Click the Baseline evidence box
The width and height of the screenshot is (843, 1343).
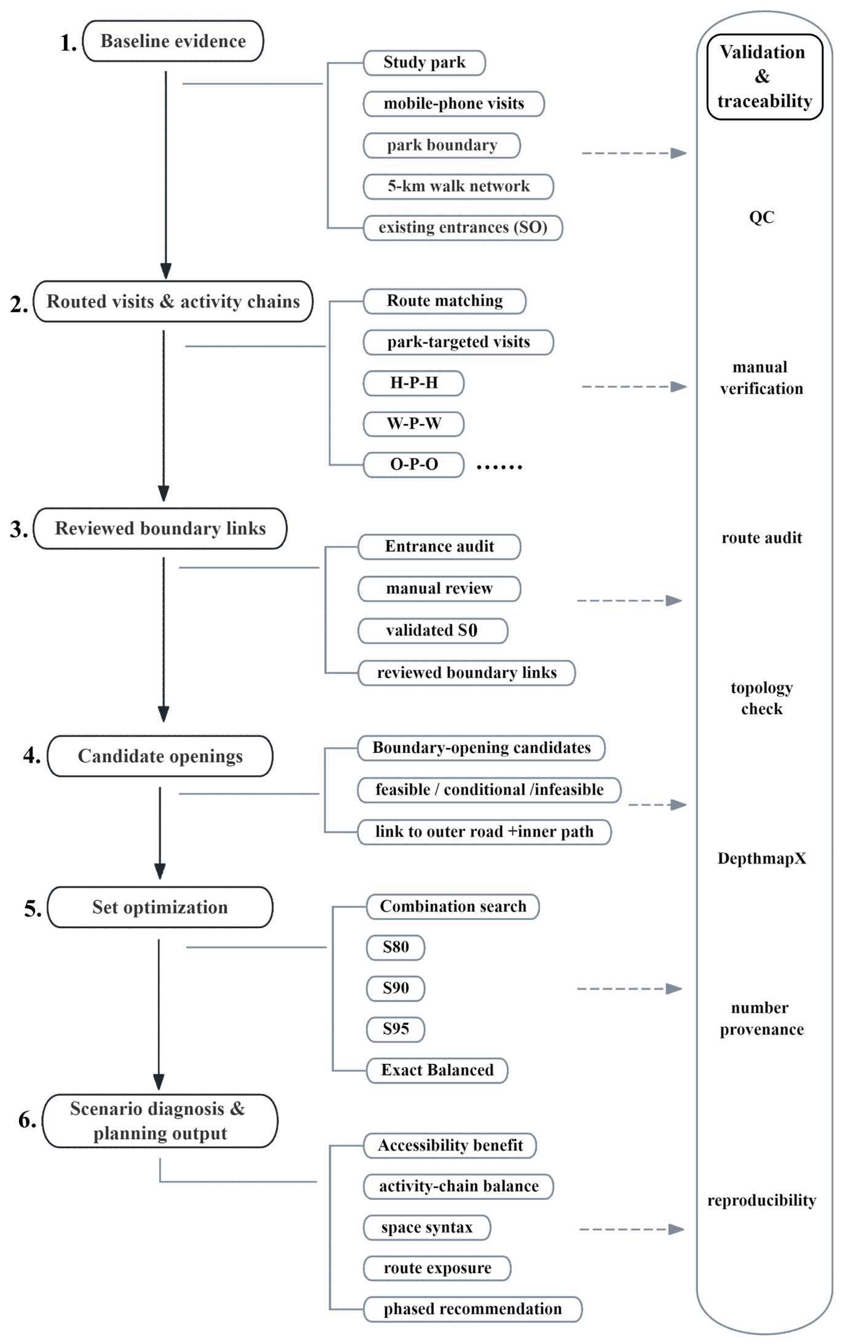(x=173, y=41)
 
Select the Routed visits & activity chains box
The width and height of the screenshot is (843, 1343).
(x=173, y=301)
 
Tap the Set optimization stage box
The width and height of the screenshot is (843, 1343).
(x=160, y=907)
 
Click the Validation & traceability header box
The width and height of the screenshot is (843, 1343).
(x=764, y=77)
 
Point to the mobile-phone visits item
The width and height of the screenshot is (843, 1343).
(x=453, y=104)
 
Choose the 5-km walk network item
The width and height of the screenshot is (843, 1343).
(x=458, y=186)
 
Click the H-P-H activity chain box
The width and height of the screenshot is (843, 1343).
(x=414, y=383)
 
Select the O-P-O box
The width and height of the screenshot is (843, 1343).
(x=414, y=465)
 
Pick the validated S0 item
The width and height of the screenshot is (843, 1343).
(x=433, y=631)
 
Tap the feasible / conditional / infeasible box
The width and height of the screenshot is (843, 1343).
(x=489, y=790)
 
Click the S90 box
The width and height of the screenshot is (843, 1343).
(x=395, y=988)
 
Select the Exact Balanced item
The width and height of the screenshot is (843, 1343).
(x=437, y=1070)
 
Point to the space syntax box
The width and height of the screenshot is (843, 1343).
(x=427, y=1227)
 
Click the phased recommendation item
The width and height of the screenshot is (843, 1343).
(x=472, y=1309)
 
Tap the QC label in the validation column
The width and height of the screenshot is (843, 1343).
(x=761, y=217)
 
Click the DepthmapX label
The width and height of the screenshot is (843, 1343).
(x=762, y=859)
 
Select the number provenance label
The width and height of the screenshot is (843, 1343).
(x=762, y=1018)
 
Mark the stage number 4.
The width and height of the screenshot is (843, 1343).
(x=31, y=755)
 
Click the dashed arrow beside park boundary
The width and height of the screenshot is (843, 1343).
(x=634, y=153)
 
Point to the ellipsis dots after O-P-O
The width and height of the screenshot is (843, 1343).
(x=500, y=467)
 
